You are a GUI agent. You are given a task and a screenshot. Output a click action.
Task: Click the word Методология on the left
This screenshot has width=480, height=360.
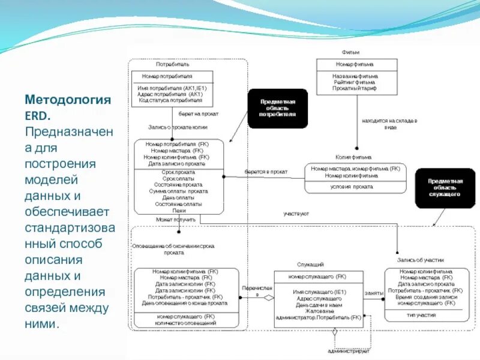click(68, 99)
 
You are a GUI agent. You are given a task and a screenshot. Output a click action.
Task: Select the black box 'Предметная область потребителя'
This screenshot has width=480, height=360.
click(278, 109)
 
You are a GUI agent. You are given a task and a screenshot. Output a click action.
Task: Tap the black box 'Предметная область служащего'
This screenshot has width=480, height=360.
click(445, 187)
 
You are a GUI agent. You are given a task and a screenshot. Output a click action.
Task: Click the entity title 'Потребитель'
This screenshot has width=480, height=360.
click(173, 64)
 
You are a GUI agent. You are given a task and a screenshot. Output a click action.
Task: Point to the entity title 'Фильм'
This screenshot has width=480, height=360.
click(350, 52)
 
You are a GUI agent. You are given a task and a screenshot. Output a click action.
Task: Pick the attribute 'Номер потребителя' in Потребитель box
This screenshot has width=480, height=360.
click(167, 76)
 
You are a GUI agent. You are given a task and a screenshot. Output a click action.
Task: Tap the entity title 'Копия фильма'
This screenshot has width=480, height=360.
click(353, 157)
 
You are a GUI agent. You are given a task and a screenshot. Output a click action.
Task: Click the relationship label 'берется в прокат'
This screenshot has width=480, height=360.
click(265, 172)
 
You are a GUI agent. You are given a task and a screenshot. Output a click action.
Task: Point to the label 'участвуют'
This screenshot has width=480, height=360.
click(296, 214)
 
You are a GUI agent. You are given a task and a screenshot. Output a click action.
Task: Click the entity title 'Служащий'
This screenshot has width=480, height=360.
click(311, 264)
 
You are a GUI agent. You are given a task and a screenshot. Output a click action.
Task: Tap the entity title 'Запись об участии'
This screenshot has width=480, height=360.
click(421, 260)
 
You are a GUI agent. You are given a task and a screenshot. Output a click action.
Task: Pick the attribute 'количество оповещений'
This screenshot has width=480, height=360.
click(186, 322)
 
